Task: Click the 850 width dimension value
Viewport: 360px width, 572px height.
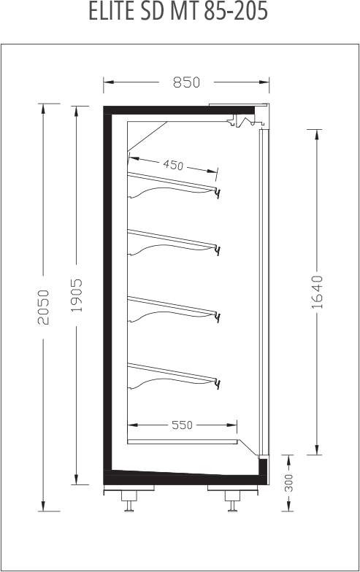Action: click(x=187, y=82)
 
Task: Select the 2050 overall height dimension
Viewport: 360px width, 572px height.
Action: click(x=44, y=306)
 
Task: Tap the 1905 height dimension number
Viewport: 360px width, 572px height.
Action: click(x=76, y=295)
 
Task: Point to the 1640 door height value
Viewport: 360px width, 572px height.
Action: click(x=317, y=292)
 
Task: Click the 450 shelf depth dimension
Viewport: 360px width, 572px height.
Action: click(x=172, y=165)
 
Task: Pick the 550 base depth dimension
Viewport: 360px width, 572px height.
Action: click(x=182, y=425)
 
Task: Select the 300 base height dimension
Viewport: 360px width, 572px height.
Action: click(x=288, y=483)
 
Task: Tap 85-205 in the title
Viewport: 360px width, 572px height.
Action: click(x=236, y=12)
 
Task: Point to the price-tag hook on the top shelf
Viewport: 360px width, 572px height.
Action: click(x=218, y=193)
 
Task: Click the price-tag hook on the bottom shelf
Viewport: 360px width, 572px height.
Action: click(x=218, y=384)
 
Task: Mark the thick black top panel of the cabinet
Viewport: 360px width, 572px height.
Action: click(x=179, y=110)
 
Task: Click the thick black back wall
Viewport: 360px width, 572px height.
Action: click(x=108, y=292)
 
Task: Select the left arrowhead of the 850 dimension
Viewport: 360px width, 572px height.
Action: click(x=108, y=82)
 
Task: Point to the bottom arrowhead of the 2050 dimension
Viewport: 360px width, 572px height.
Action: click(x=44, y=506)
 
